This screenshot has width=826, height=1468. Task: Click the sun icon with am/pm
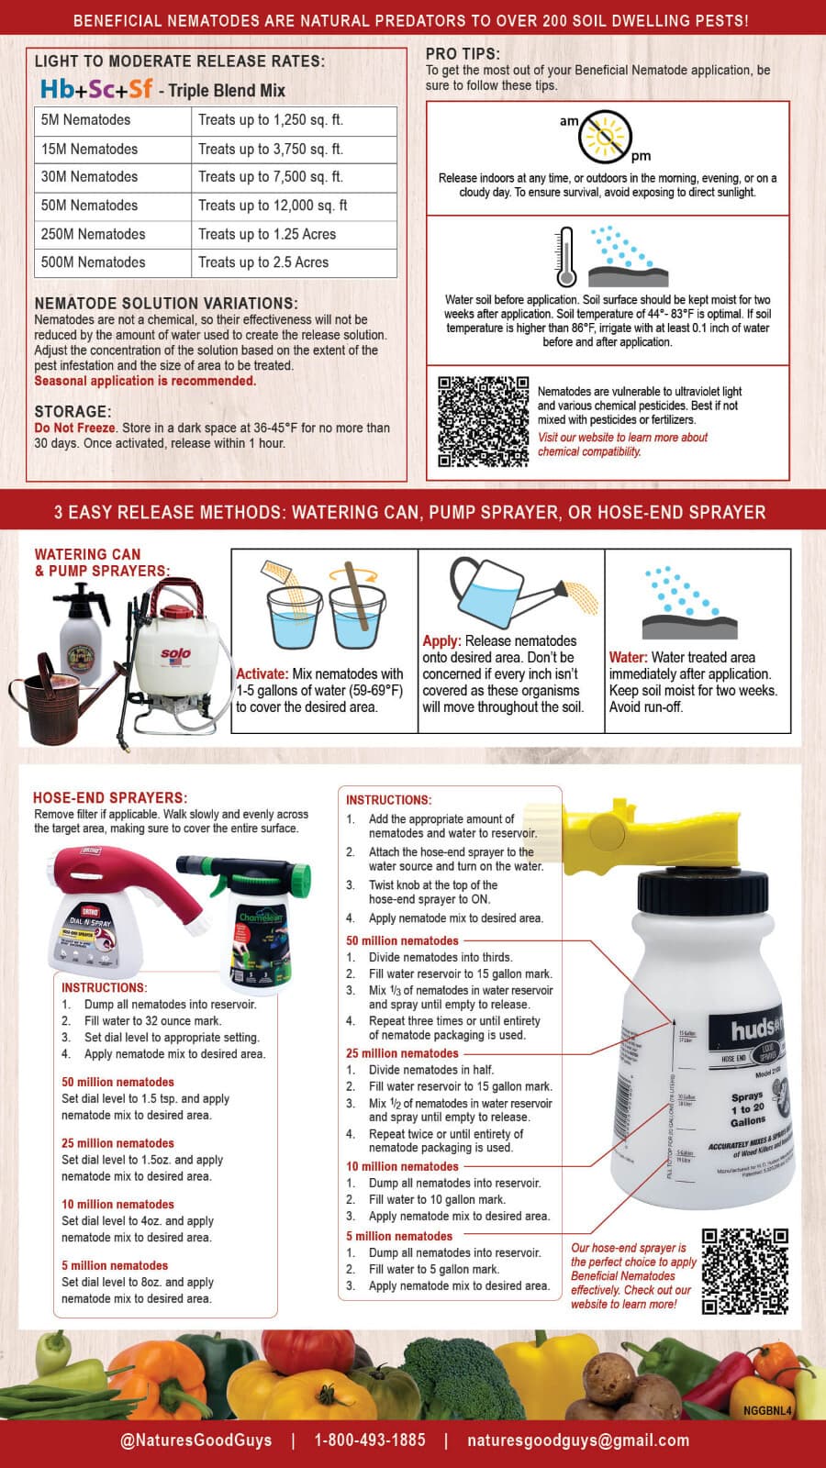606,137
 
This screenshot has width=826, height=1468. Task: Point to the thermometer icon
565,258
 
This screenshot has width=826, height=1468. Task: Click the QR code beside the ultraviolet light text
483,421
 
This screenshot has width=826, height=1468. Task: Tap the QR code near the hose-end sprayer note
744,1271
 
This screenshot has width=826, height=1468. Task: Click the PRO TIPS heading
463,54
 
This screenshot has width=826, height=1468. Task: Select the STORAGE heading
73,412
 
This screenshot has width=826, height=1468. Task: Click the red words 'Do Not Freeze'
75,428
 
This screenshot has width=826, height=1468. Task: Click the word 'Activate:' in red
262,673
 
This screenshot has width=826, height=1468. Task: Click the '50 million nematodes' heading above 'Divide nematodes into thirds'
402,940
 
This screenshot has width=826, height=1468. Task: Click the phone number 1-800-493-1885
370,1440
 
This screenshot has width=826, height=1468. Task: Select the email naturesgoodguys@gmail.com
578,1440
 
